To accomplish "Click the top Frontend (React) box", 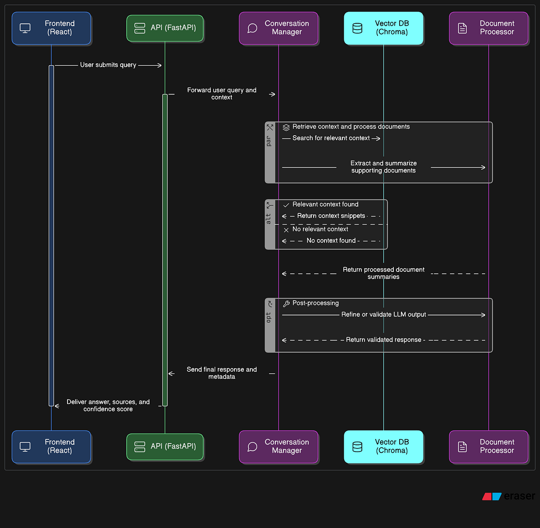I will tap(51, 28).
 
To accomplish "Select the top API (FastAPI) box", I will tap(165, 28).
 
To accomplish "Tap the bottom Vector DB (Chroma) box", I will tap(383, 447).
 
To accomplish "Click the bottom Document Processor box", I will tap(489, 447).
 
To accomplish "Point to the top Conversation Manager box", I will tap(279, 28).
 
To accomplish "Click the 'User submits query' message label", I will tap(108, 65).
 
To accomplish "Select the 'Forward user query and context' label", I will tap(222, 94).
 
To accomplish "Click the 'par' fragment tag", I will tap(269, 141).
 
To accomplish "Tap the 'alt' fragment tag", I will tap(269, 219).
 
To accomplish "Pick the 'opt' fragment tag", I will tap(269, 317).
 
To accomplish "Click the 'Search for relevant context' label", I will tap(331, 138).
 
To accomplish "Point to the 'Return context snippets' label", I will tap(331, 216).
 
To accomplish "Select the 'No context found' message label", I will tap(331, 241).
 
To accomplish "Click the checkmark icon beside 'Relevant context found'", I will tap(286, 205).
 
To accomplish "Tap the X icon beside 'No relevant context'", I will tap(286, 230).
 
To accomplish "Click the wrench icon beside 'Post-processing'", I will tap(286, 304).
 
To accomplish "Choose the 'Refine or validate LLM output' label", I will tap(383, 315).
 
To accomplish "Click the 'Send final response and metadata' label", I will tap(222, 373).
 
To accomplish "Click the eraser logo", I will tap(509, 496).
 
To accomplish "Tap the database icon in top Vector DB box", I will tap(357, 28).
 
